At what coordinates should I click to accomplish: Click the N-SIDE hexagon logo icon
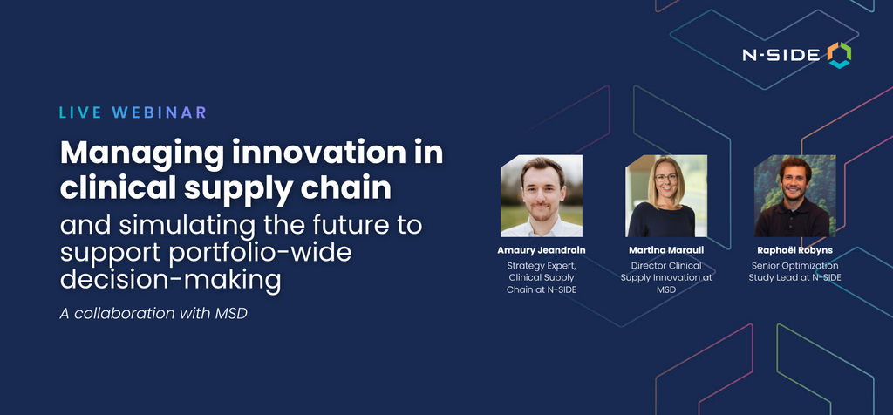tap(839, 55)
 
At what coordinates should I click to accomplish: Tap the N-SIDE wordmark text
tap(781, 55)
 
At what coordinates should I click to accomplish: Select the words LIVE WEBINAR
tap(133, 112)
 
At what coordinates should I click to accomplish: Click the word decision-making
tap(171, 280)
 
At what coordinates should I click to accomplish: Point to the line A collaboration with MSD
tap(153, 313)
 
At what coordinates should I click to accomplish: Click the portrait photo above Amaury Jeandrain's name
tap(541, 196)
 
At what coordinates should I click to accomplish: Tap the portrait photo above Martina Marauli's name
tap(665, 196)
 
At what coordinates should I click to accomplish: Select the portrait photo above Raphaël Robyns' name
tap(795, 196)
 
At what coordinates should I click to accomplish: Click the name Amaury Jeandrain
tap(541, 250)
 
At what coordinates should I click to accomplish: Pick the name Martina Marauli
tap(666, 250)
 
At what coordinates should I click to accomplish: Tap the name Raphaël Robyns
tap(795, 250)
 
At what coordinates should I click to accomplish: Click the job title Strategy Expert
tap(542, 266)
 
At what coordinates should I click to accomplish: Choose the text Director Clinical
tap(666, 265)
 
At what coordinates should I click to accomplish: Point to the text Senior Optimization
tap(795, 266)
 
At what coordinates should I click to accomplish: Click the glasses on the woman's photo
tap(666, 178)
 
